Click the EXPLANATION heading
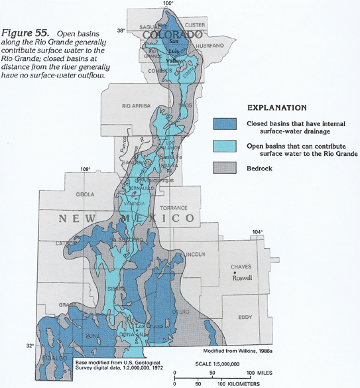[276, 107]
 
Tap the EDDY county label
[245, 317]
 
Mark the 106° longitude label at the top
[168, 4]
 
